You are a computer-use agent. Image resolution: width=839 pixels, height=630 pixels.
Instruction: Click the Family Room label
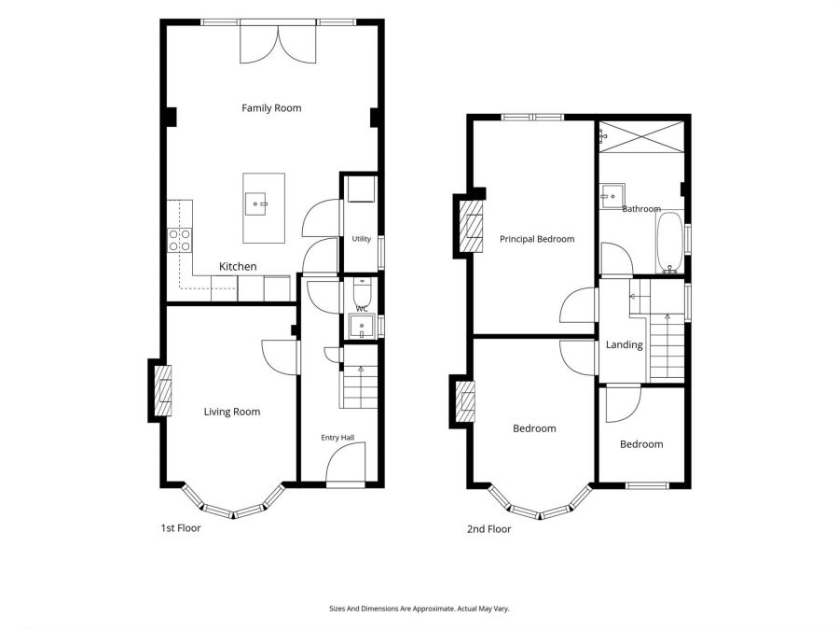(271, 108)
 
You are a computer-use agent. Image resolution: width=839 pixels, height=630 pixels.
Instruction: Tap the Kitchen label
(238, 266)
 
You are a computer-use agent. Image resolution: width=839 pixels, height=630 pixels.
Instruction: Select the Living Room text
(232, 412)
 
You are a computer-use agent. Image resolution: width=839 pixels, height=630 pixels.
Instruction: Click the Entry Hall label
(337, 438)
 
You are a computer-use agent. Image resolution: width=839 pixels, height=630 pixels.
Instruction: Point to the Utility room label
(361, 239)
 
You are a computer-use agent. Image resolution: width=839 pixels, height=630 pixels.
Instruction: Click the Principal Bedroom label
(537, 239)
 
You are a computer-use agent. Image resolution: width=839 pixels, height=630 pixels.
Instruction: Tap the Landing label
(624, 344)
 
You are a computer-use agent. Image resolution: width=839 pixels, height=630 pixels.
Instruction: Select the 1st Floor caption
(181, 527)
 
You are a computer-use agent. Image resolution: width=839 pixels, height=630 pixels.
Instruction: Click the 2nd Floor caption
(489, 529)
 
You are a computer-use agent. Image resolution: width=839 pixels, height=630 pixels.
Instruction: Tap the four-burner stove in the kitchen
(180, 240)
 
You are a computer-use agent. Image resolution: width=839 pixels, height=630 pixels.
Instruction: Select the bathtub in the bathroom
(669, 243)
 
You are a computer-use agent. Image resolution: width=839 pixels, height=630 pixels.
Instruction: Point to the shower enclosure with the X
(641, 137)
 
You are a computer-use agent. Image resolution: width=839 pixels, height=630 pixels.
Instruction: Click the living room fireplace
(163, 390)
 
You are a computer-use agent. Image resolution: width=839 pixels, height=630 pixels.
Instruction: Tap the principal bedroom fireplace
(472, 226)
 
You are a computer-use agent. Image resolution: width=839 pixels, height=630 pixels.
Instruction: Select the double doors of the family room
(278, 44)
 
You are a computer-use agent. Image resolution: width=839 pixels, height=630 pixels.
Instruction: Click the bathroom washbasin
(612, 197)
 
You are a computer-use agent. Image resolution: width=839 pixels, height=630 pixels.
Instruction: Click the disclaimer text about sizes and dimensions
(419, 609)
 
